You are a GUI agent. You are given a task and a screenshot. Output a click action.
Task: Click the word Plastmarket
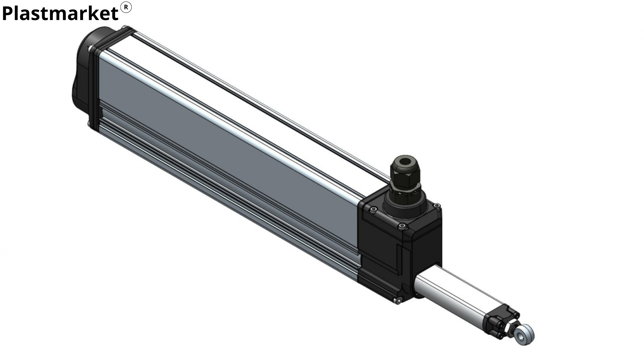coord(60,14)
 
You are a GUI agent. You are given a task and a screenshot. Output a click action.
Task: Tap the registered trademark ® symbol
coord(126,7)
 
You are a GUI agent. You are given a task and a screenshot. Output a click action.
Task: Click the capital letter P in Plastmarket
coord(8,13)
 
